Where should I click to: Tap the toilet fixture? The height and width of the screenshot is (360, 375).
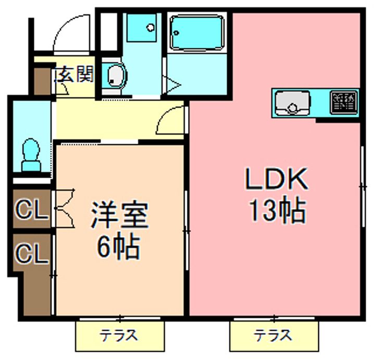[x=31, y=154]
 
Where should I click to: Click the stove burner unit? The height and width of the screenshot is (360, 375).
[x=344, y=102]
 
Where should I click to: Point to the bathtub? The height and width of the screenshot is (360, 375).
[x=196, y=32]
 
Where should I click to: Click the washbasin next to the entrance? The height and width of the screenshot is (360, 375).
[x=115, y=76]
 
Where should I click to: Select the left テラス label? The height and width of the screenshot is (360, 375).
[x=120, y=335]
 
